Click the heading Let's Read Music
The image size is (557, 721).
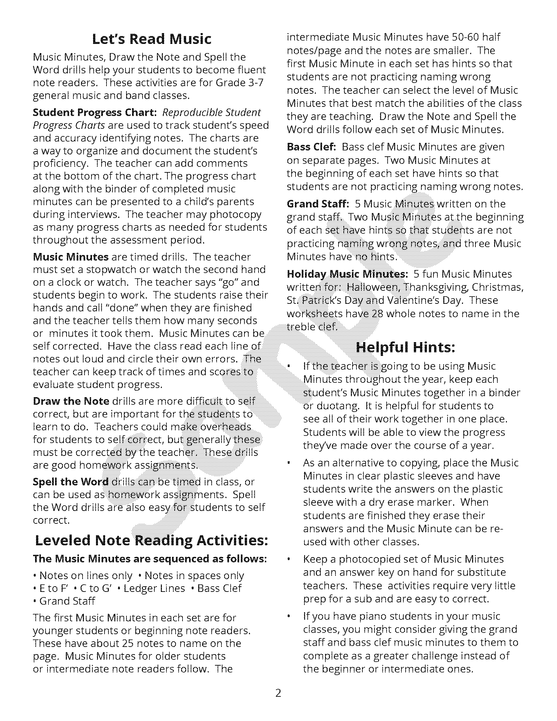[x=151, y=39]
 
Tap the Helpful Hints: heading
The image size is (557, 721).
[x=405, y=347]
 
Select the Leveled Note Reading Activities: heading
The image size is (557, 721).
[x=151, y=540]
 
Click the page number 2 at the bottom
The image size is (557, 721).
[x=278, y=693]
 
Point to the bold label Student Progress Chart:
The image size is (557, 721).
[x=95, y=112]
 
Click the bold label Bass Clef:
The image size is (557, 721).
[x=311, y=147]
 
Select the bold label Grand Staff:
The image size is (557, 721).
[x=318, y=204]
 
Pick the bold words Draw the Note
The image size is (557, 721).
[x=71, y=401]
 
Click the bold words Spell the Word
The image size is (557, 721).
[x=71, y=482]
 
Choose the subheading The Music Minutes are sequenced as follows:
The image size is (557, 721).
[x=149, y=558]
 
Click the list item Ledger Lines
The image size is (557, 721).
[x=154, y=588]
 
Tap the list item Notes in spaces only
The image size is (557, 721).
[x=194, y=575]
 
